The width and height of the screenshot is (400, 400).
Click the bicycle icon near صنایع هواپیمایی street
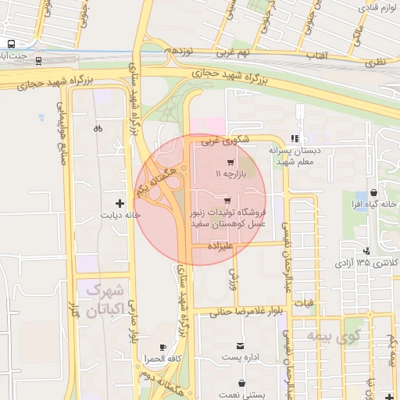(98, 128)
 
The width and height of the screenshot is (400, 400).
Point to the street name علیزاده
(221, 245)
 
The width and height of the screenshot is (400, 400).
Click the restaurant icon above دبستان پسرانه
(295, 137)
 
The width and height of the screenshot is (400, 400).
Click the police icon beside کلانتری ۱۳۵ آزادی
(366, 251)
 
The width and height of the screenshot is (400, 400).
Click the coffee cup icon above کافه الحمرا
(162, 347)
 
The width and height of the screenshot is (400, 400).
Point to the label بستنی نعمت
(241, 395)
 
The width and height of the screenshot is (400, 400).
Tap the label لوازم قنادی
(378, 6)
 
